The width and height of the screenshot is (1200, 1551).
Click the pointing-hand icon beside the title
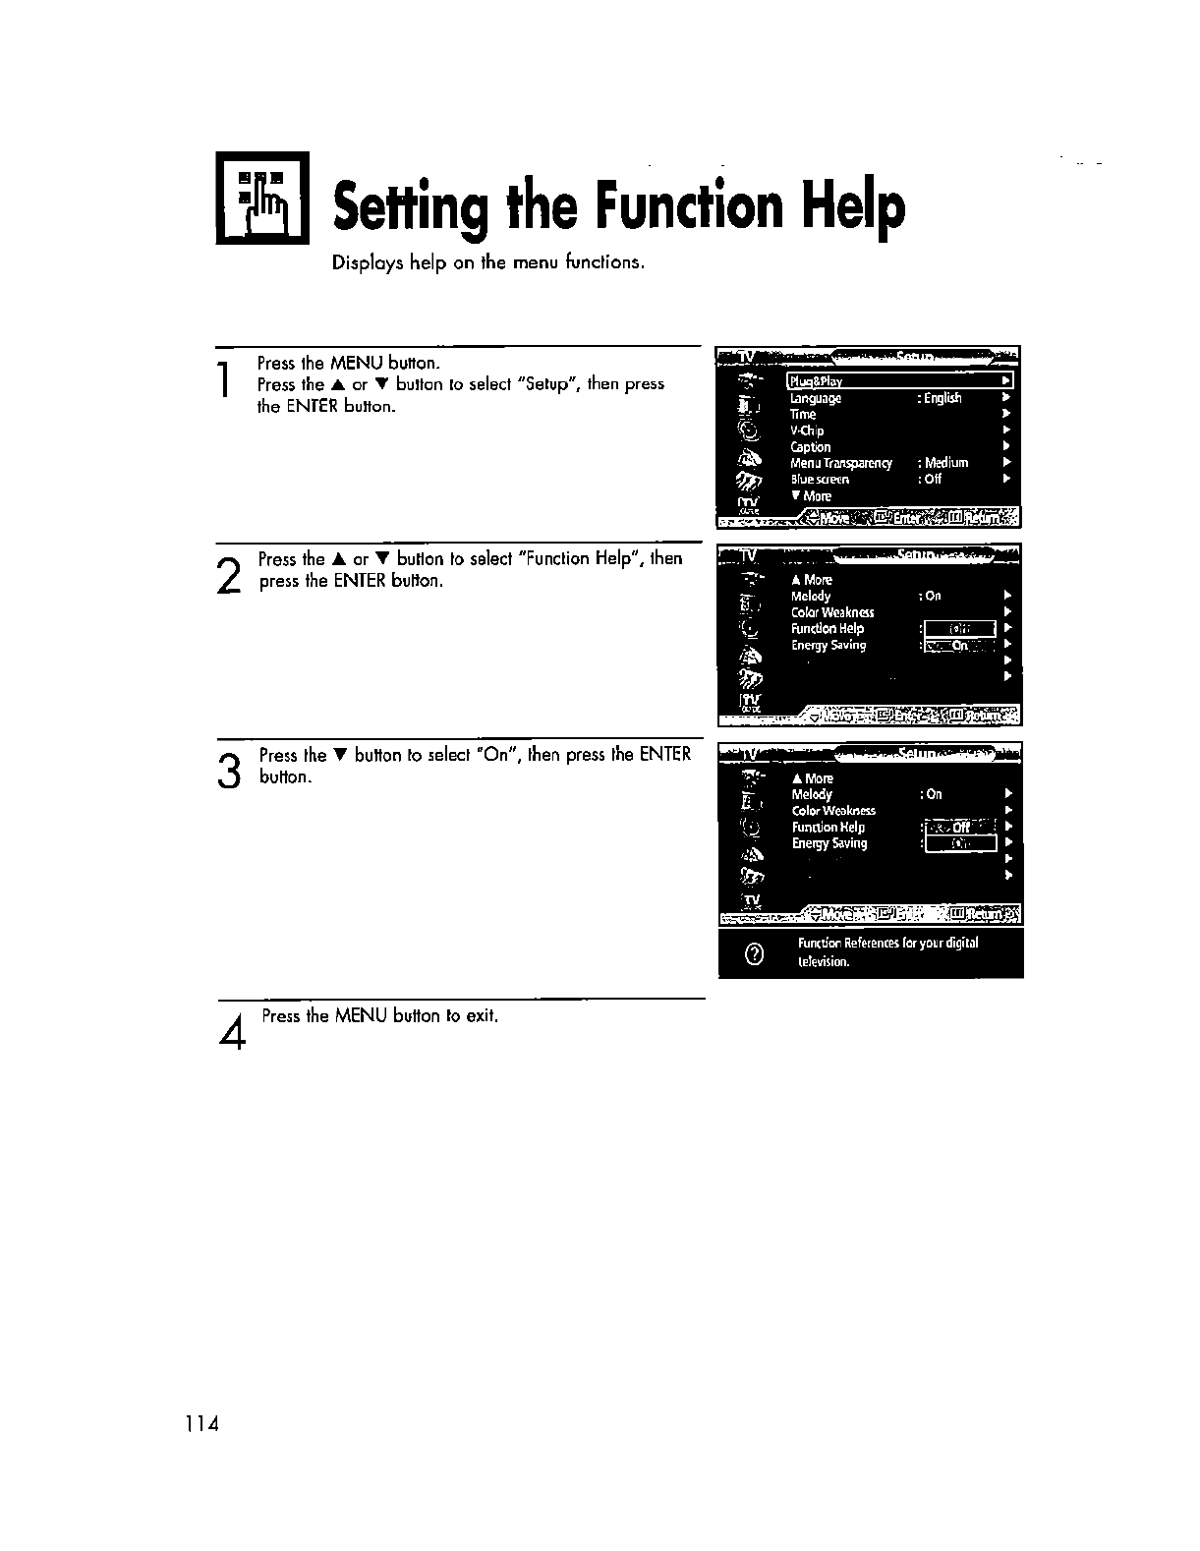262,200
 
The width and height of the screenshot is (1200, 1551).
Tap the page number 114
199,1423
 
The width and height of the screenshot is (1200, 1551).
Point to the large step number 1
226,380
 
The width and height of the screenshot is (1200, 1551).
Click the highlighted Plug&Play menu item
816,381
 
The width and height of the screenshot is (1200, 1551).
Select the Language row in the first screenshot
816,398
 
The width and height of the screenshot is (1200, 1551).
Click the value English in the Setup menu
942,398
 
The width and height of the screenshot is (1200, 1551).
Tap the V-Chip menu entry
807,431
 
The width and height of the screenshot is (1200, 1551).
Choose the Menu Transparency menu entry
841,463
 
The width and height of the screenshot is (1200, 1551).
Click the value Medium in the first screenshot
945,463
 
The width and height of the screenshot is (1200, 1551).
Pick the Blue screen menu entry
820,480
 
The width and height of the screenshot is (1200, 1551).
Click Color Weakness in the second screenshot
832,612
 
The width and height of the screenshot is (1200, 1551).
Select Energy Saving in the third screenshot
829,843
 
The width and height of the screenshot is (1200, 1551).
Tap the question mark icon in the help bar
754,953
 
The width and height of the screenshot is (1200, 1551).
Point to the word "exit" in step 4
481,1015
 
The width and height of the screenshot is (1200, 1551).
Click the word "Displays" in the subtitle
361,263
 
